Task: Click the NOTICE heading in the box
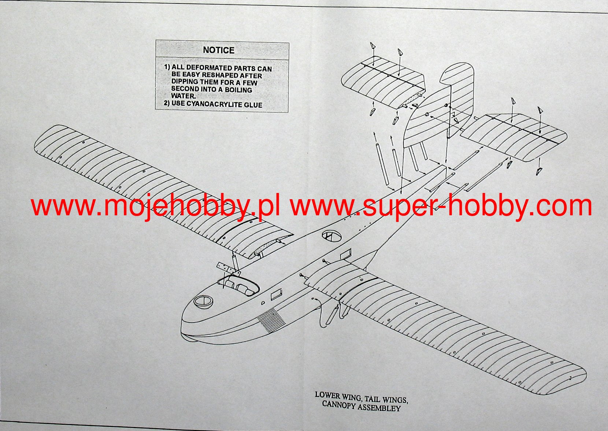point(219,50)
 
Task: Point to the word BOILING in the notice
point(238,90)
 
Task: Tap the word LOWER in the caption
point(327,395)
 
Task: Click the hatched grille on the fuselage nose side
point(271,319)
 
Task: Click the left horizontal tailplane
point(383,84)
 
